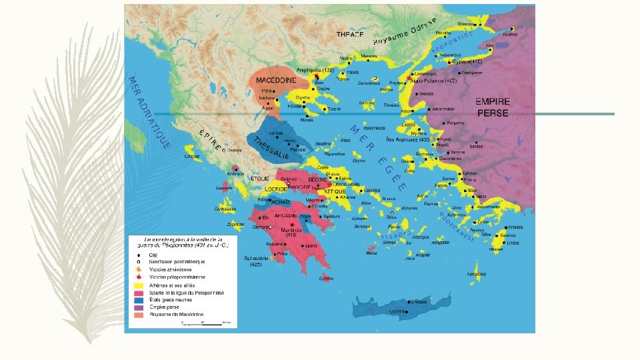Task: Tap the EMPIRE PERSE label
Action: pos(493,107)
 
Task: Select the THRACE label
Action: pos(350,33)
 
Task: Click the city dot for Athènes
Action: pos(337,197)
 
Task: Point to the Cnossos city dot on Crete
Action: pos(408,301)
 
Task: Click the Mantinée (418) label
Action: pos(291,231)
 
